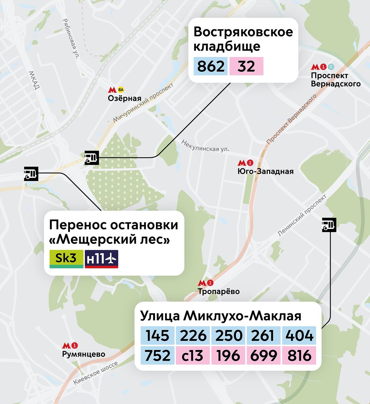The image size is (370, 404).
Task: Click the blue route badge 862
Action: (211, 66)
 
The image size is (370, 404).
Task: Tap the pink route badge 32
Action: (246, 66)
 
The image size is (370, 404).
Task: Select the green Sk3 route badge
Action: (66, 259)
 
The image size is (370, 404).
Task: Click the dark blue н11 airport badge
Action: (101, 259)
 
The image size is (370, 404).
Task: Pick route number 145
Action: (157, 336)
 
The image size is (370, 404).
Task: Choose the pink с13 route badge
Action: (193, 356)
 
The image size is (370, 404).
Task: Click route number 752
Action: (157, 356)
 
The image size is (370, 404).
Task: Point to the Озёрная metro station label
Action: (124, 99)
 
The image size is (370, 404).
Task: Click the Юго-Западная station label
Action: (265, 171)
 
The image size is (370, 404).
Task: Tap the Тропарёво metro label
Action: (219, 291)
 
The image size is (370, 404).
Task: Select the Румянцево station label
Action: (84, 354)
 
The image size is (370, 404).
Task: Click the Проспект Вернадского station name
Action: (335, 80)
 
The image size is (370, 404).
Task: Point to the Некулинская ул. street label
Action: (205, 146)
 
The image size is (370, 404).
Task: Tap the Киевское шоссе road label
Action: (96, 373)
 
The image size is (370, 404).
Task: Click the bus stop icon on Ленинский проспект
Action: (329, 225)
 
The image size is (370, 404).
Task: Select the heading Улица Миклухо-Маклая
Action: (220, 316)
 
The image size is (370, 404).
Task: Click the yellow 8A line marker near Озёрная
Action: (121, 90)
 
